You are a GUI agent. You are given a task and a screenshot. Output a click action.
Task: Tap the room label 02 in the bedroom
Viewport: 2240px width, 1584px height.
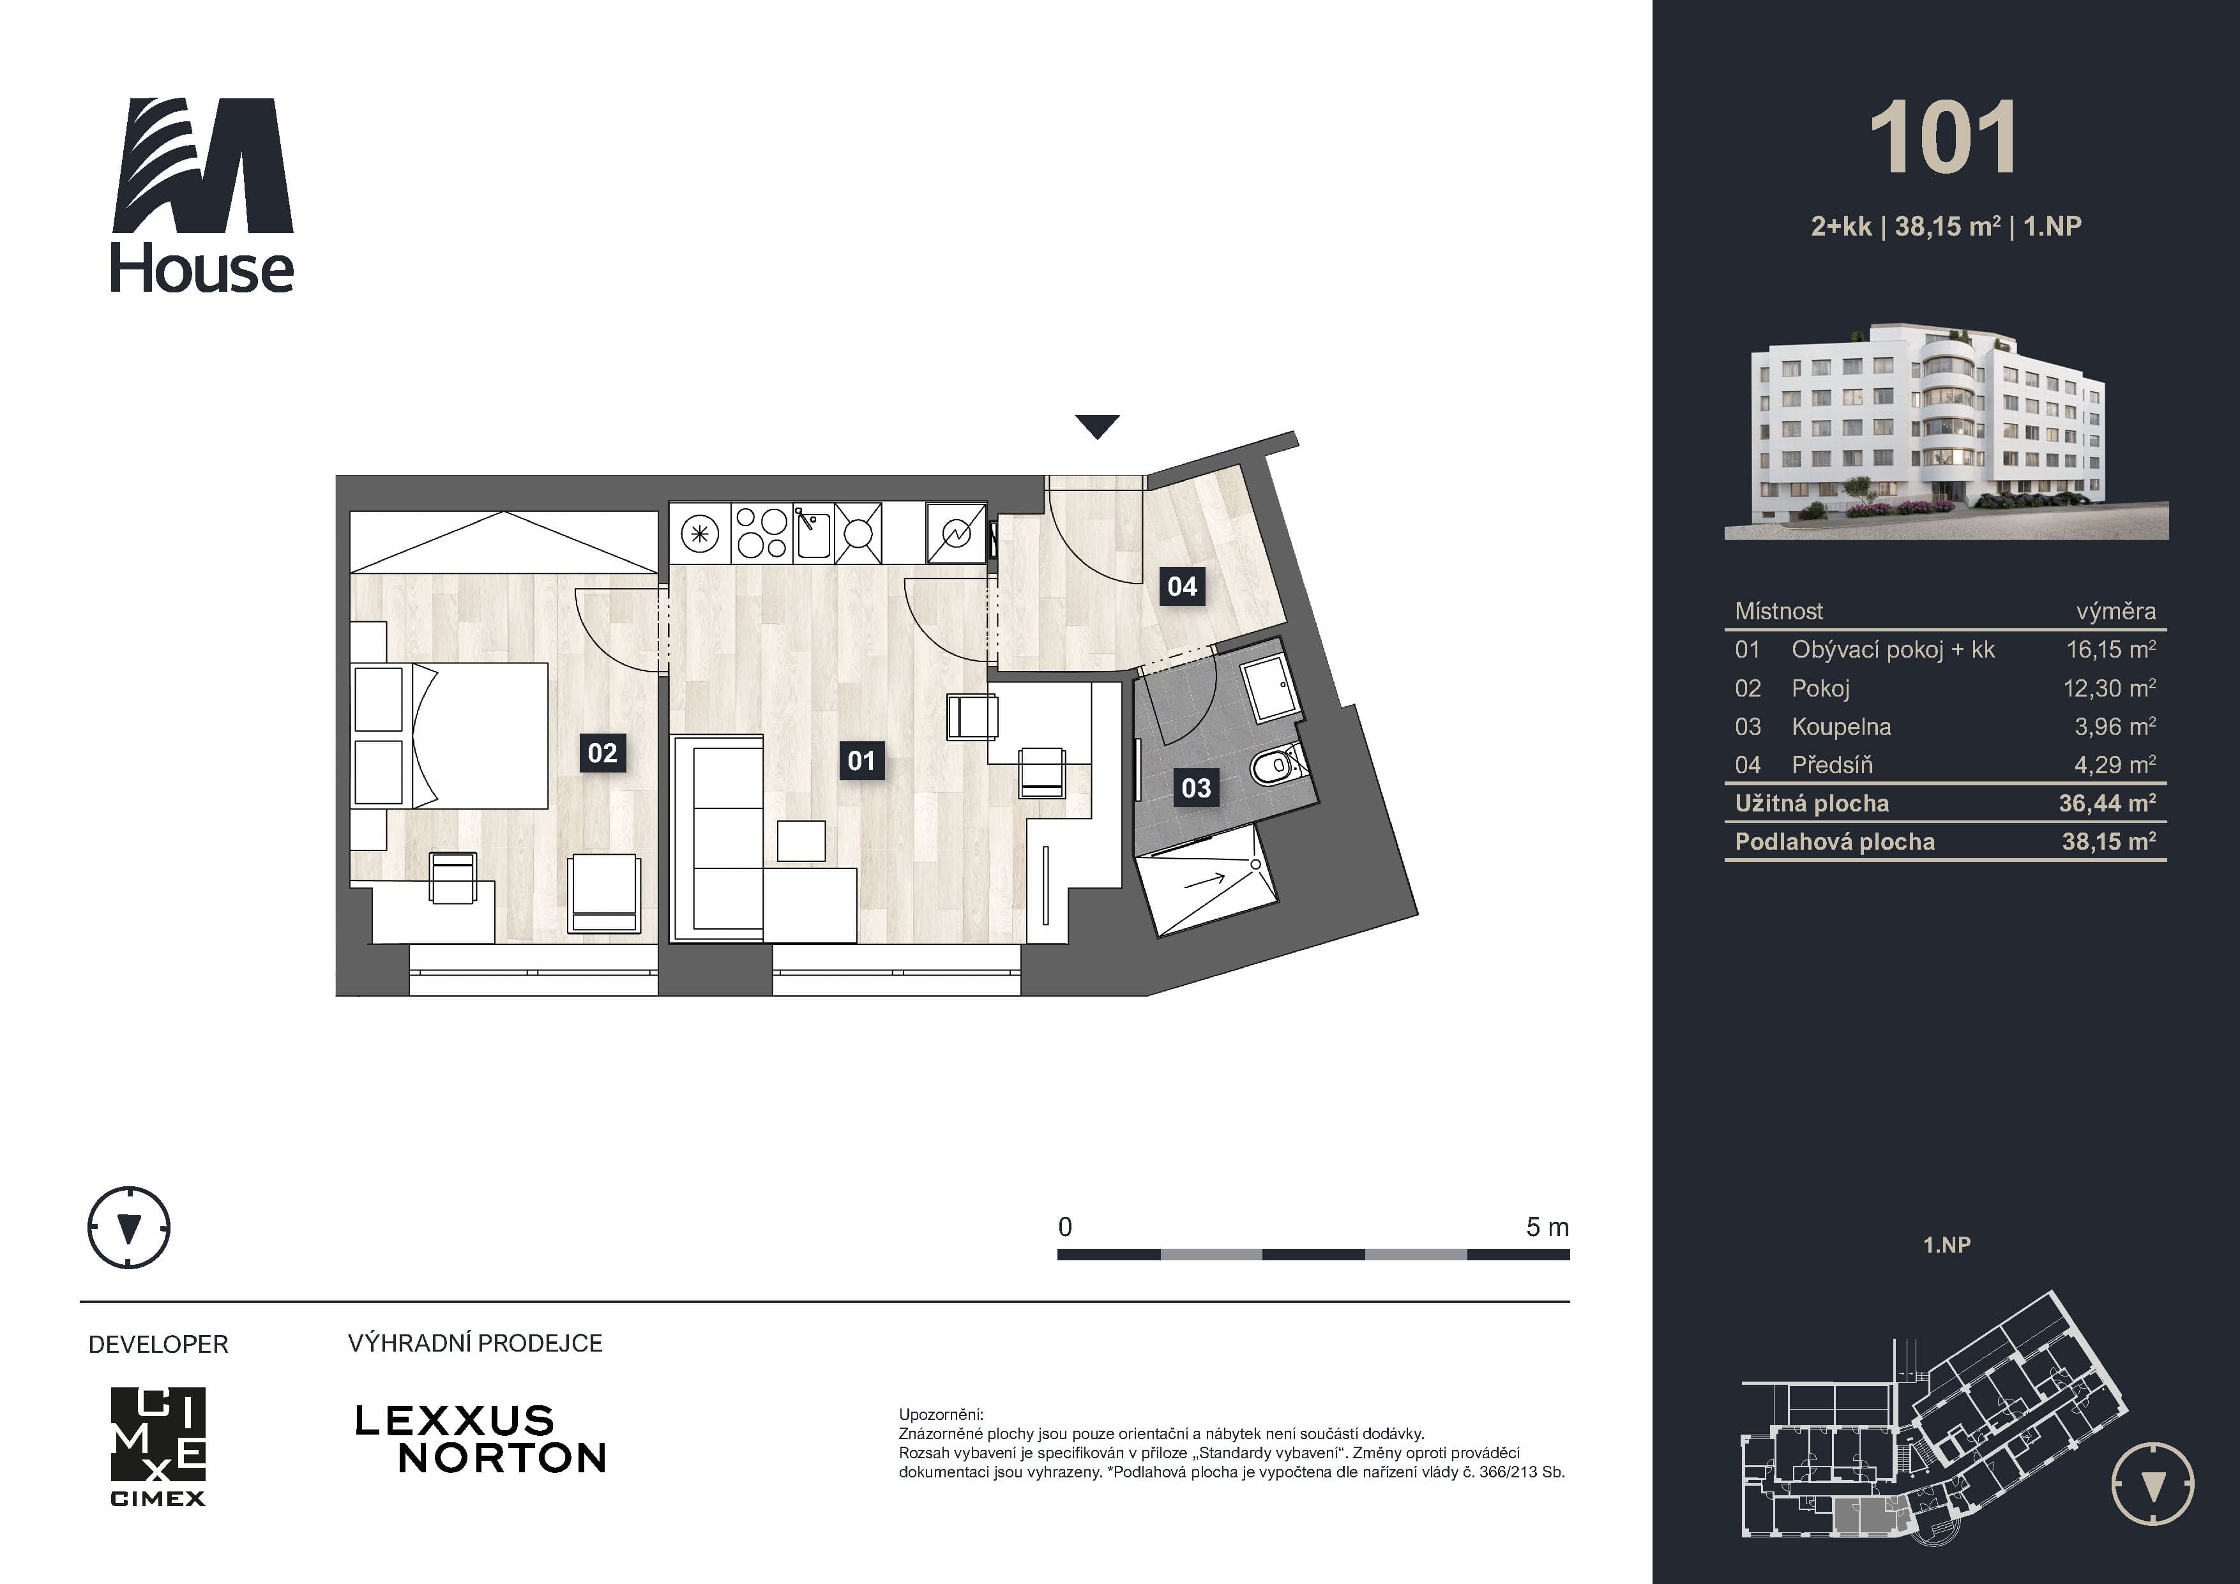click(x=602, y=753)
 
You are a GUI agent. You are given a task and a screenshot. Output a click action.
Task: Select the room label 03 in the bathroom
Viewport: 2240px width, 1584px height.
click(x=1196, y=788)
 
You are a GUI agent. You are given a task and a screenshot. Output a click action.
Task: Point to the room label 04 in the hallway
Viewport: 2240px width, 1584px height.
click(x=1181, y=586)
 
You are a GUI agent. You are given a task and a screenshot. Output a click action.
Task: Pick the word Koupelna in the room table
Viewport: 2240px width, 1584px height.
click(x=1841, y=727)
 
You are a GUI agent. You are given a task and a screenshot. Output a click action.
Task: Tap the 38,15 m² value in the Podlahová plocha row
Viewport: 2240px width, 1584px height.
click(x=2108, y=841)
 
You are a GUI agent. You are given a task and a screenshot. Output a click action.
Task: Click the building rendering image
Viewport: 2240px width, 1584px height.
click(x=1946, y=430)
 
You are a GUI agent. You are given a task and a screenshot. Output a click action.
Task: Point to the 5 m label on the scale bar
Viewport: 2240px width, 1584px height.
click(x=1547, y=1227)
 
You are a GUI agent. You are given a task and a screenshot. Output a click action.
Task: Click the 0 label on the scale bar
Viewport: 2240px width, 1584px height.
click(x=1065, y=1227)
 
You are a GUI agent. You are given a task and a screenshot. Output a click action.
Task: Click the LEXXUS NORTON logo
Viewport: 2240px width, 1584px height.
click(x=480, y=1438)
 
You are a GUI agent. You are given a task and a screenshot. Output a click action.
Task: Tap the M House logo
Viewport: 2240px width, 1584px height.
click(x=202, y=195)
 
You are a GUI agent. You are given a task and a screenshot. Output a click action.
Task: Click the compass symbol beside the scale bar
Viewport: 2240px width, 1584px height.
click(x=129, y=1228)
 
